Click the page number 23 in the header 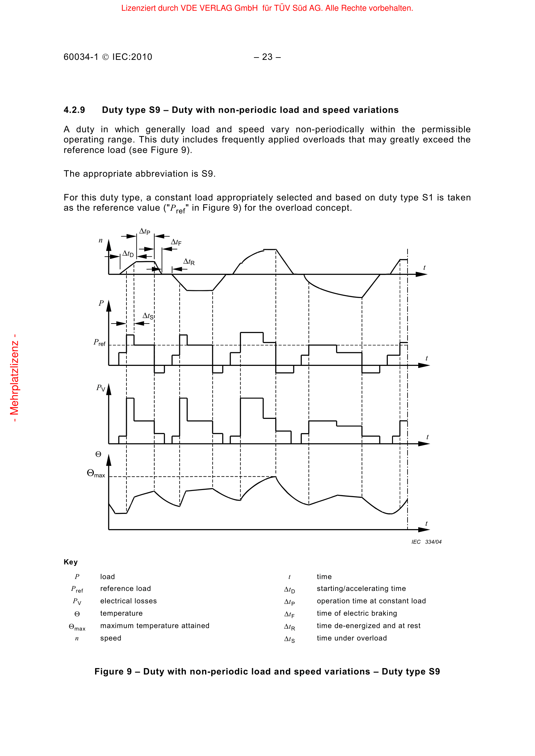tap(267, 57)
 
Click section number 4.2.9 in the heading tap(74, 110)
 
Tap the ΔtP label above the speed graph tap(145, 231)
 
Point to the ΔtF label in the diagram tap(176, 242)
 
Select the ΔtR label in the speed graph tap(189, 262)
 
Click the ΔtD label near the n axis tap(128, 253)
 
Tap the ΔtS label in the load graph tap(148, 316)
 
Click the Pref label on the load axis tap(100, 343)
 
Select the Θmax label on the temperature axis tap(96, 474)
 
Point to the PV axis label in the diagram tap(101, 388)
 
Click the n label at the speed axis tap(101, 240)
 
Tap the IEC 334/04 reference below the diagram tap(426, 542)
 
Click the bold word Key tap(71, 562)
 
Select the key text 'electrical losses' tap(128, 601)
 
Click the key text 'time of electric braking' tap(357, 613)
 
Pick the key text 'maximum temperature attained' tap(155, 626)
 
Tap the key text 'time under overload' tap(352, 638)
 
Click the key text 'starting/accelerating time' tap(361, 588)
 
